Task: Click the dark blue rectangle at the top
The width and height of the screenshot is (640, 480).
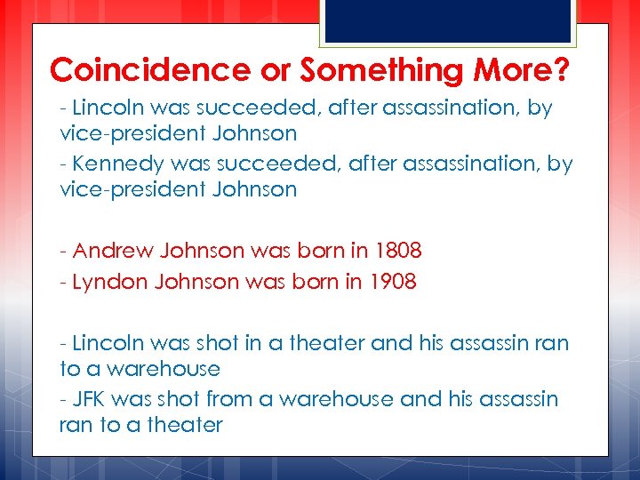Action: (x=447, y=20)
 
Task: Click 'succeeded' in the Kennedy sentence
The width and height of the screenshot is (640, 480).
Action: (x=246, y=164)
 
